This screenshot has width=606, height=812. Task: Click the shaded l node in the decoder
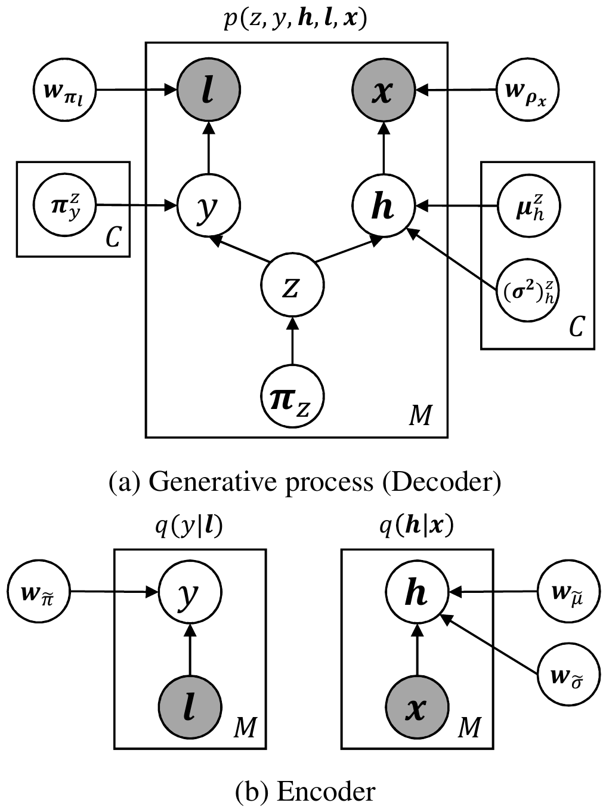(x=209, y=90)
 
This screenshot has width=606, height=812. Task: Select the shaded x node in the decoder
(x=382, y=90)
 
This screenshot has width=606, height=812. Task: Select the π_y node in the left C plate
(x=66, y=206)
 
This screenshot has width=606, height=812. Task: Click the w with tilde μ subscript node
(x=569, y=592)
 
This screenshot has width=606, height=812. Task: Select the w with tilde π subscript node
(x=39, y=592)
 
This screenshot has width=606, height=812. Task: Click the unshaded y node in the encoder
(x=190, y=592)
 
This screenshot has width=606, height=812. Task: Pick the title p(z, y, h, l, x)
(x=295, y=20)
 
